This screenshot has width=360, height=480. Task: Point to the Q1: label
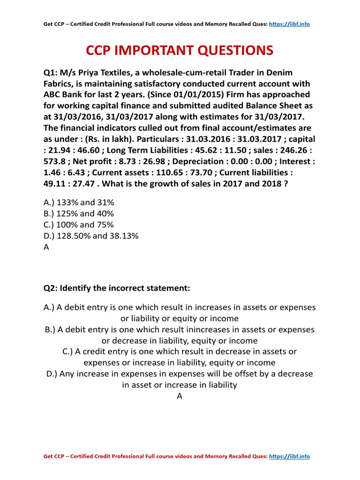52,72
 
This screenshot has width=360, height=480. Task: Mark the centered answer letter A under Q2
180,397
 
